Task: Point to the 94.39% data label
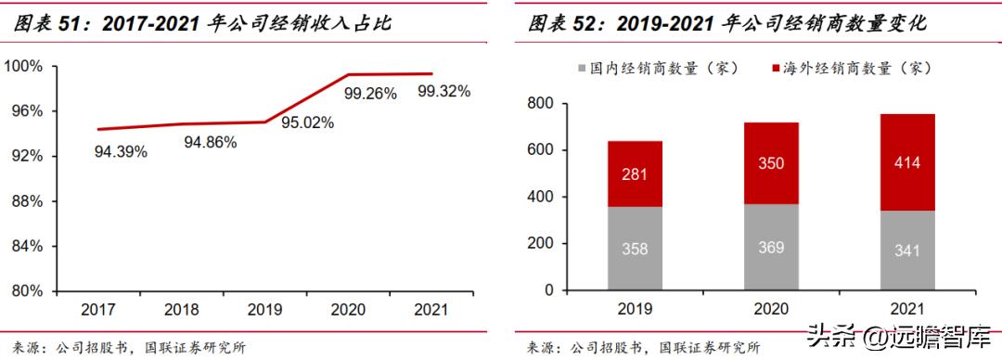point(121,151)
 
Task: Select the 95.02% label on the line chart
point(307,122)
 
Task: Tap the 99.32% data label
point(443,91)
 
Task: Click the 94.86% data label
point(210,143)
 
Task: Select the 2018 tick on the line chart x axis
point(182,309)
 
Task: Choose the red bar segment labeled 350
point(770,162)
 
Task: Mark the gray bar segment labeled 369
point(770,247)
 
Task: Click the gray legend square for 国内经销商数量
point(582,69)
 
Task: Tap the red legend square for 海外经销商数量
point(776,69)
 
